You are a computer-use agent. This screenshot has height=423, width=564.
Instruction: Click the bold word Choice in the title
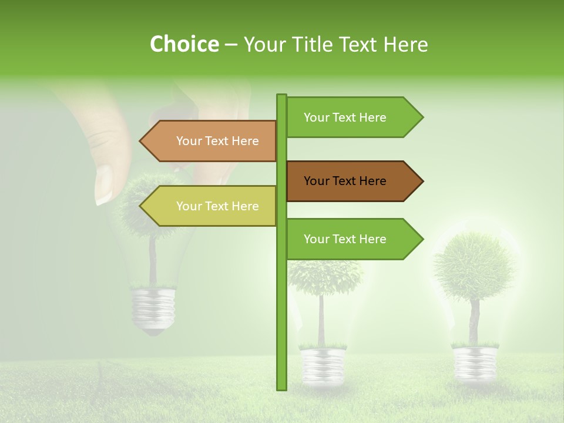[184, 44]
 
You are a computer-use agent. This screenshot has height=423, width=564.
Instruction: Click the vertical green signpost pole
[281, 323]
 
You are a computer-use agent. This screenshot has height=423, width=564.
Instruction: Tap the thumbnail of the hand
[103, 183]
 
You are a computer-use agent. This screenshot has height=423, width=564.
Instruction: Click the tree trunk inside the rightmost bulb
[474, 320]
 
